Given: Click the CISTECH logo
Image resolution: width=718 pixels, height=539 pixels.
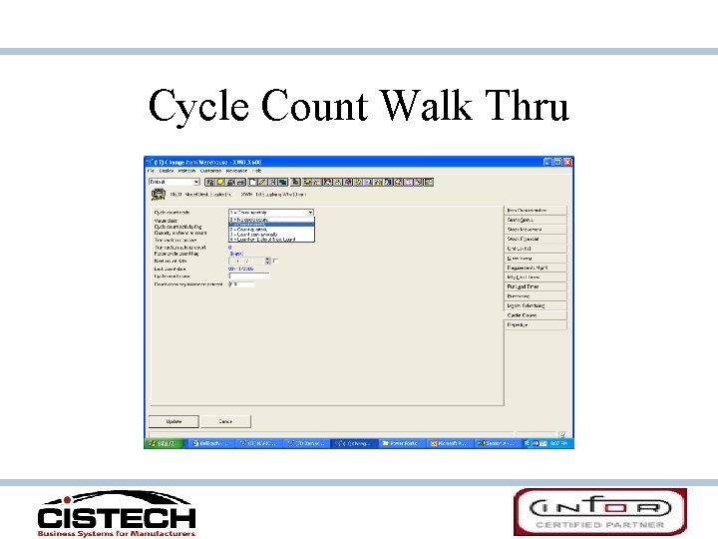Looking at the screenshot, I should coord(117,513).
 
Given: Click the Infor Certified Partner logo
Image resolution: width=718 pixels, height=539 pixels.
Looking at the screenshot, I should coord(599,511).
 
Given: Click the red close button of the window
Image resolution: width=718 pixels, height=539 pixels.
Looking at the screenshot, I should coord(567,162).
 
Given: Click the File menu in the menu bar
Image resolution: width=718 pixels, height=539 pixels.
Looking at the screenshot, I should coord(152,171).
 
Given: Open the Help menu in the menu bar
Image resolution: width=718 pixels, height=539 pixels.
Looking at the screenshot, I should coord(256,171).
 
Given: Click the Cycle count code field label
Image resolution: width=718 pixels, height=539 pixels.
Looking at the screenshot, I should coord(172,213).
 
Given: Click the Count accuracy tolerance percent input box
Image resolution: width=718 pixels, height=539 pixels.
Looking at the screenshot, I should coord(241,284).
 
